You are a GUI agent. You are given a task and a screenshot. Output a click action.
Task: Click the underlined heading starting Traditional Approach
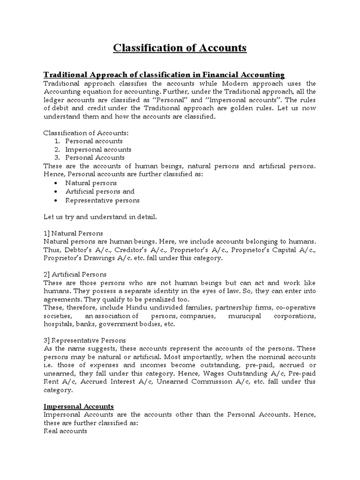click(x=164, y=75)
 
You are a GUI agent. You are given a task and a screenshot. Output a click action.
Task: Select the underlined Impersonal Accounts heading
click(x=79, y=406)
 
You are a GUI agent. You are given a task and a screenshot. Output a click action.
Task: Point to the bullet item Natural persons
click(x=91, y=183)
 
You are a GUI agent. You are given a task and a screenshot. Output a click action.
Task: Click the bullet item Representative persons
click(x=102, y=200)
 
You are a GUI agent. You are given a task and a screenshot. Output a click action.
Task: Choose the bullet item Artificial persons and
click(x=100, y=191)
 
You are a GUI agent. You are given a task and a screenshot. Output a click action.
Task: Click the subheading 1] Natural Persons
click(x=73, y=233)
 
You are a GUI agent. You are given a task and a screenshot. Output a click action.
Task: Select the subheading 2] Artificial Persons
click(x=75, y=274)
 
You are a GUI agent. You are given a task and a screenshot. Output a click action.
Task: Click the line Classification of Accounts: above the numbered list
click(x=86, y=133)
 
